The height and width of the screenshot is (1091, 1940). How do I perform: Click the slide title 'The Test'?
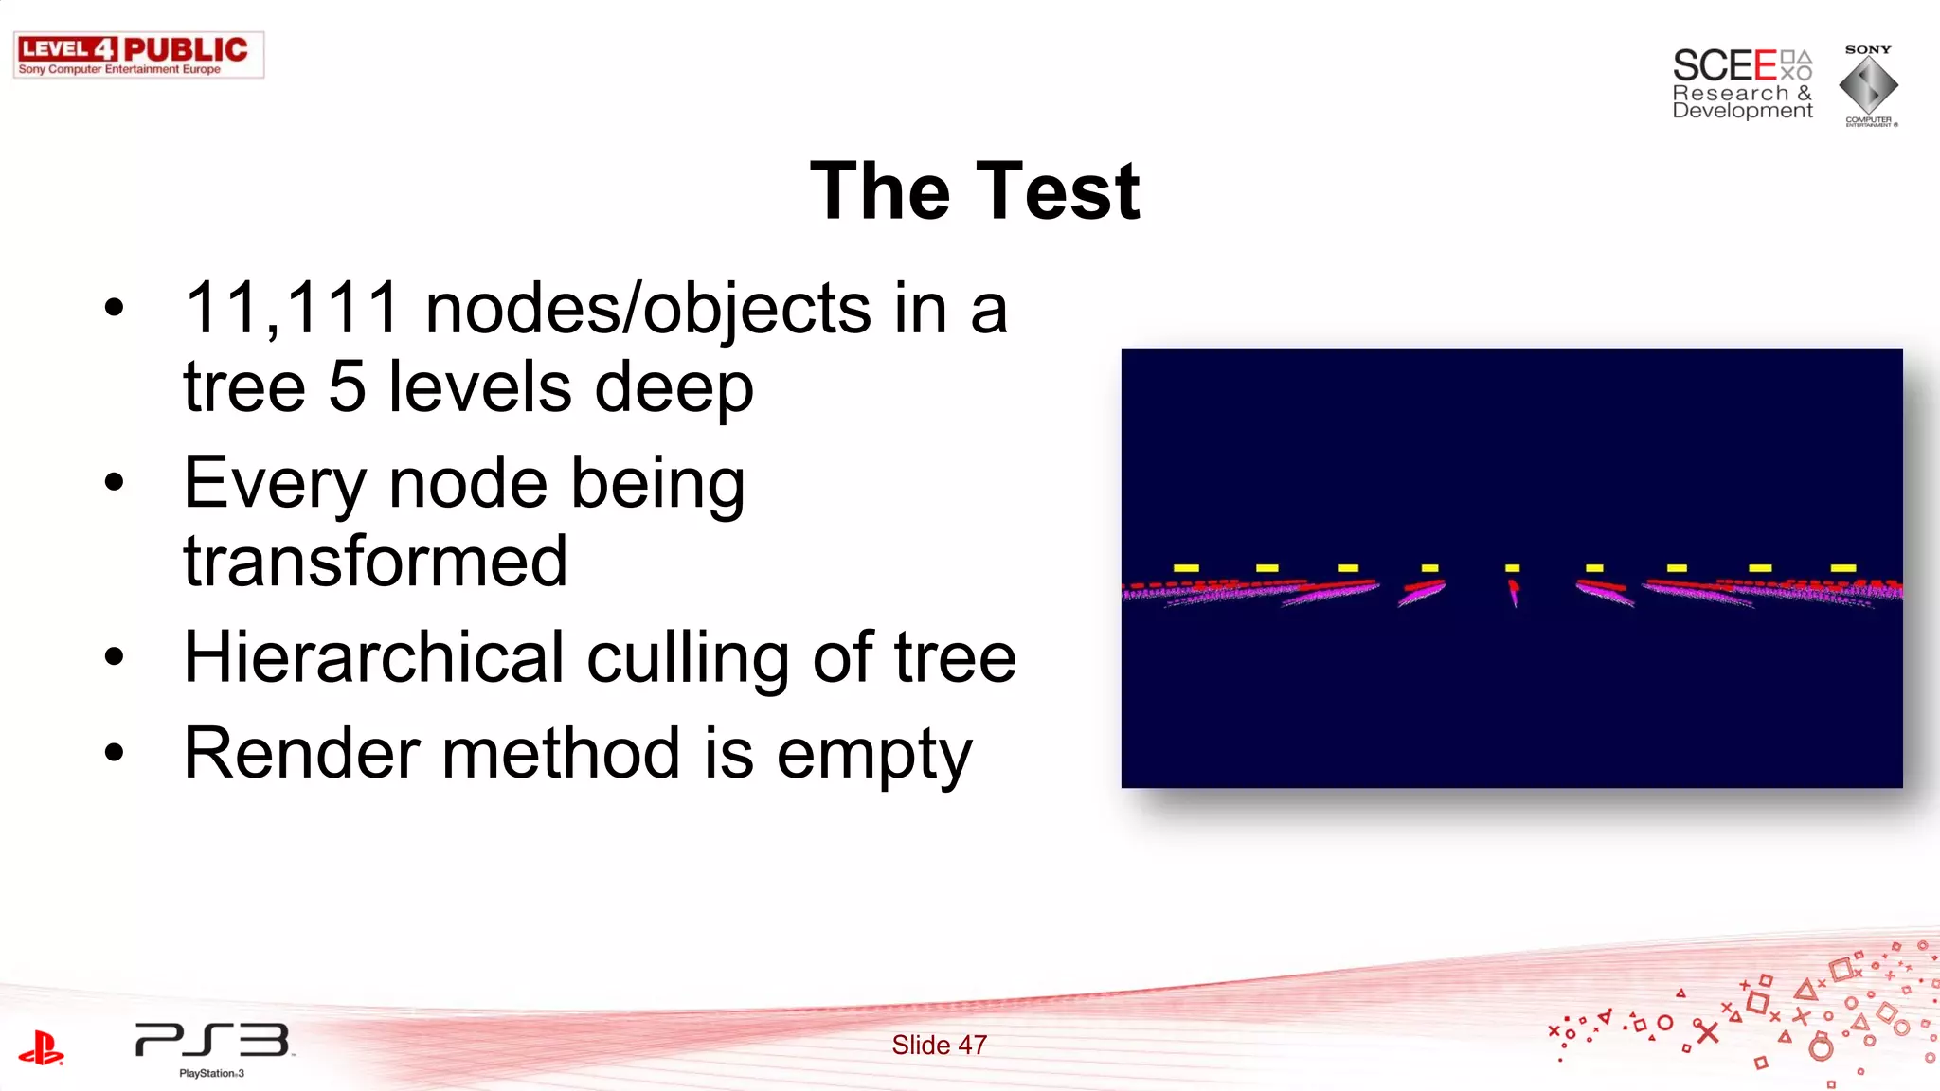point(975,192)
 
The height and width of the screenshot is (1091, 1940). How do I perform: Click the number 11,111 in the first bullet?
point(292,309)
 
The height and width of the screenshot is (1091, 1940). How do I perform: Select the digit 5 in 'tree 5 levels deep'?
point(347,387)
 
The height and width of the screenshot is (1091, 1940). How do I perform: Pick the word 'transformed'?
point(375,562)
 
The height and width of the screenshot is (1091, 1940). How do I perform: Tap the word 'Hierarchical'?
point(374,657)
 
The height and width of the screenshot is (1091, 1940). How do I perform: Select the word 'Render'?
point(301,754)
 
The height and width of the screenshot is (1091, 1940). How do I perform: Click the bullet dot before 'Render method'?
point(115,753)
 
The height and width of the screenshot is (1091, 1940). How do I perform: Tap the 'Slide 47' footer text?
point(939,1046)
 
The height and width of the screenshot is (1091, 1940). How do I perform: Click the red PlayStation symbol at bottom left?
point(41,1048)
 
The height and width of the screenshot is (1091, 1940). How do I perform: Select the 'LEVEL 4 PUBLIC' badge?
point(138,55)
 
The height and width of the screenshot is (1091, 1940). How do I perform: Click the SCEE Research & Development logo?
point(1741,84)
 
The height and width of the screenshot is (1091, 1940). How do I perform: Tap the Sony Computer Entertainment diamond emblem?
point(1868,85)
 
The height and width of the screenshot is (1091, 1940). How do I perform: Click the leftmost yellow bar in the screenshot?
point(1186,568)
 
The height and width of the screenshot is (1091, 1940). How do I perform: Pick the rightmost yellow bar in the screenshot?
point(1842,568)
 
